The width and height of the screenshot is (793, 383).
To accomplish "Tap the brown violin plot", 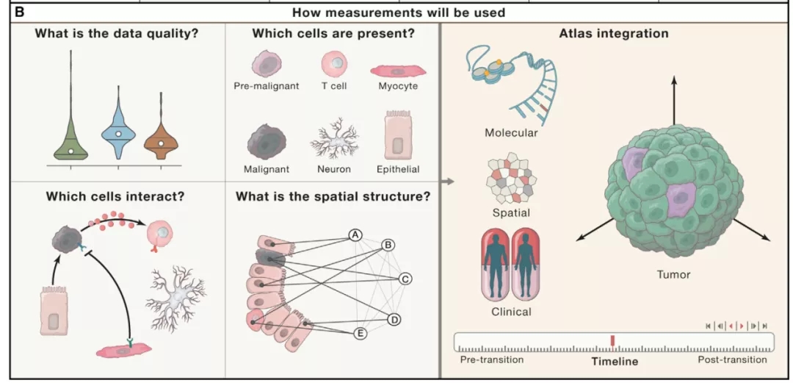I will click(x=161, y=140).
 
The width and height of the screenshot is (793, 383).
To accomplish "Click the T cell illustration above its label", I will click(x=334, y=65).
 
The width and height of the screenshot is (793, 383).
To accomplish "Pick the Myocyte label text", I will click(x=398, y=86).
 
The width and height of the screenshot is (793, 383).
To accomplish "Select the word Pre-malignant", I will click(x=267, y=86).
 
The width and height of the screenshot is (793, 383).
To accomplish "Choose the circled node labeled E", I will click(x=361, y=333).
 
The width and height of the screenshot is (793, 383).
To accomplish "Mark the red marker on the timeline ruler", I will click(x=612, y=340).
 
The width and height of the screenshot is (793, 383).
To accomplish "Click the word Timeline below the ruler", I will click(x=615, y=361).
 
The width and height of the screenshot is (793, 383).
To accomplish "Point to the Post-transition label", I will click(x=732, y=359).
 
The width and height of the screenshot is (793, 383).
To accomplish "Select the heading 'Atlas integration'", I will click(x=614, y=33).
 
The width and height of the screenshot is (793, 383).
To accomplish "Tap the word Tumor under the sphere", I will click(x=673, y=274).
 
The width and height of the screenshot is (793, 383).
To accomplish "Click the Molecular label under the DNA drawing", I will click(x=511, y=133).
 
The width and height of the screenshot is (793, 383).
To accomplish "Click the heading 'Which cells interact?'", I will click(x=115, y=196).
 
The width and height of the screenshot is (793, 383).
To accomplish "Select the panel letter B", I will click(x=19, y=12).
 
